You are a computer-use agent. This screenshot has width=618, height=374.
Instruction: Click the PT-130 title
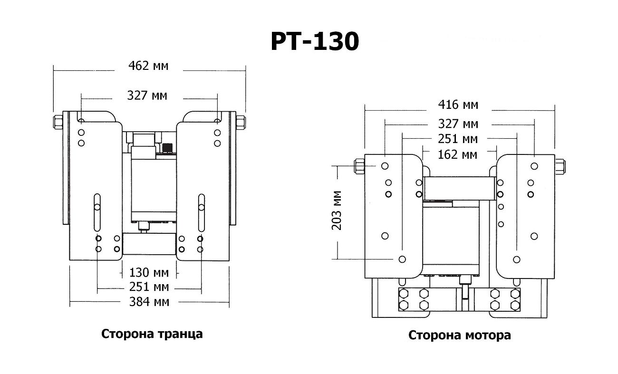click(x=315, y=42)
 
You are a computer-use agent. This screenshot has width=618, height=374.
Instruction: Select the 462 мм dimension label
click(x=148, y=66)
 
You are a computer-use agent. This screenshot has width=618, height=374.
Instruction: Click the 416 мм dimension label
click(x=458, y=105)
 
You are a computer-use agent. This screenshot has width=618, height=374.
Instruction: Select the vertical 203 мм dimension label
click(x=337, y=210)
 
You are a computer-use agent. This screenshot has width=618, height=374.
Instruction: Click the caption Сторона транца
click(x=152, y=334)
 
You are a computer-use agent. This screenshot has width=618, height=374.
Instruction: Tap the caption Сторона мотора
click(x=460, y=335)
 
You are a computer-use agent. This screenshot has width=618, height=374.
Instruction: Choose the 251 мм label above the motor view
click(x=458, y=139)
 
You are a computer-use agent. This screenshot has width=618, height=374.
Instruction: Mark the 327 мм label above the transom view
click(x=147, y=96)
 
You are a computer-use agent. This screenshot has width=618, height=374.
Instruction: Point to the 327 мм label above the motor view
click(x=458, y=124)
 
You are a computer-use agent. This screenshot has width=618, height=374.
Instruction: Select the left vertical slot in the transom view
click(x=97, y=212)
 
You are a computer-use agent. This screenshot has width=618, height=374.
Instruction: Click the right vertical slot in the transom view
click(x=201, y=212)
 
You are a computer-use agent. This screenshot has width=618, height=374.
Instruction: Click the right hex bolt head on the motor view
click(x=560, y=166)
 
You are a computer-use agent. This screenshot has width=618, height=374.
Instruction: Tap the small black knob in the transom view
click(x=167, y=148)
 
